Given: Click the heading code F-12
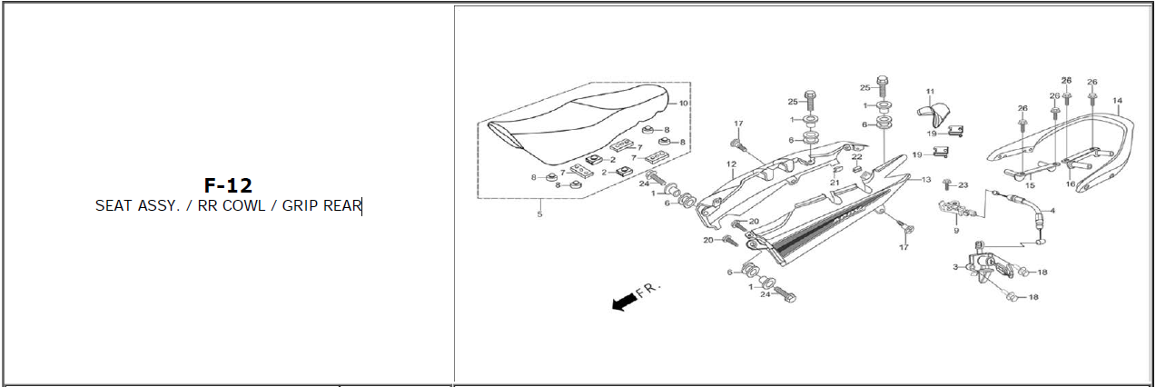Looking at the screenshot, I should [x=227, y=186].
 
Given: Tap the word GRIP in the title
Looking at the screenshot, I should [x=301, y=205].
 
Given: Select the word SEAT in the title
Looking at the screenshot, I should [x=114, y=205].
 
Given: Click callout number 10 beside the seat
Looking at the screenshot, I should [x=684, y=104].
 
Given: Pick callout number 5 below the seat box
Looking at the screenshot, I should [x=539, y=214].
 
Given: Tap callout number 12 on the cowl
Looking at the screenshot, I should [x=730, y=164].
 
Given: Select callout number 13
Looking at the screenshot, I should [x=927, y=179].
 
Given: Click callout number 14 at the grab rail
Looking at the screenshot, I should [x=1117, y=100].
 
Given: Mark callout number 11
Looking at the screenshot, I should [x=930, y=92].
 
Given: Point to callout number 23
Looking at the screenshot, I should [x=963, y=185].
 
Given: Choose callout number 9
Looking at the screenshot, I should [x=955, y=231].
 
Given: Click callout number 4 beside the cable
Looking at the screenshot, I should [x=1052, y=212].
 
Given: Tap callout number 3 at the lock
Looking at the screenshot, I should [x=955, y=266].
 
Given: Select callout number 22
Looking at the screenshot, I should [x=856, y=157].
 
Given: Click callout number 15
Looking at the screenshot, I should [x=1030, y=184].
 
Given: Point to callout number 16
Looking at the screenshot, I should [x=1071, y=184].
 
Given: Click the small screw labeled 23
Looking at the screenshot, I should [x=946, y=184].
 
